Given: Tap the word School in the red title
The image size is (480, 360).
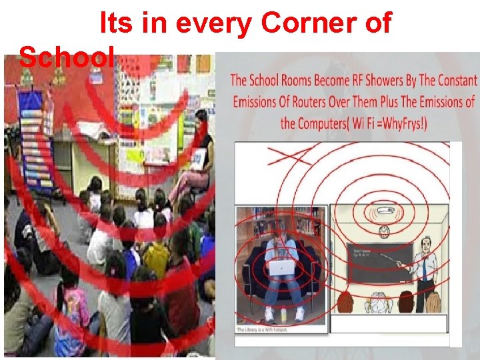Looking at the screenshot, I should pos(67,59).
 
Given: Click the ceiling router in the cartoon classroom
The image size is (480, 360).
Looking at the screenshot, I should pos(385,211).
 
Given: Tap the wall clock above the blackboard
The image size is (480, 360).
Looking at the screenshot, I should pos(384,232).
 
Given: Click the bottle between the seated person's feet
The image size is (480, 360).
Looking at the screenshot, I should pos(284,313).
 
